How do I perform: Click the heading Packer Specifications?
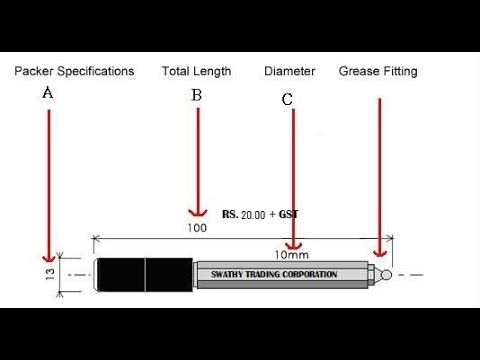tap(74, 71)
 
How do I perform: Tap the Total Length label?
tap(196, 71)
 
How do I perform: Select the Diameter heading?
tap(290, 71)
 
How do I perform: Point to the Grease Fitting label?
tap(378, 71)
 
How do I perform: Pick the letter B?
tap(197, 95)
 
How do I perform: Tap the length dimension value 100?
tap(196, 228)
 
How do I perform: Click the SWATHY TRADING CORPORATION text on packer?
tap(274, 274)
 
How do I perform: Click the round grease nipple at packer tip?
tap(385, 273)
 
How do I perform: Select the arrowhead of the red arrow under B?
tap(197, 213)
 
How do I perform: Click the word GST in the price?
tap(289, 214)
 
